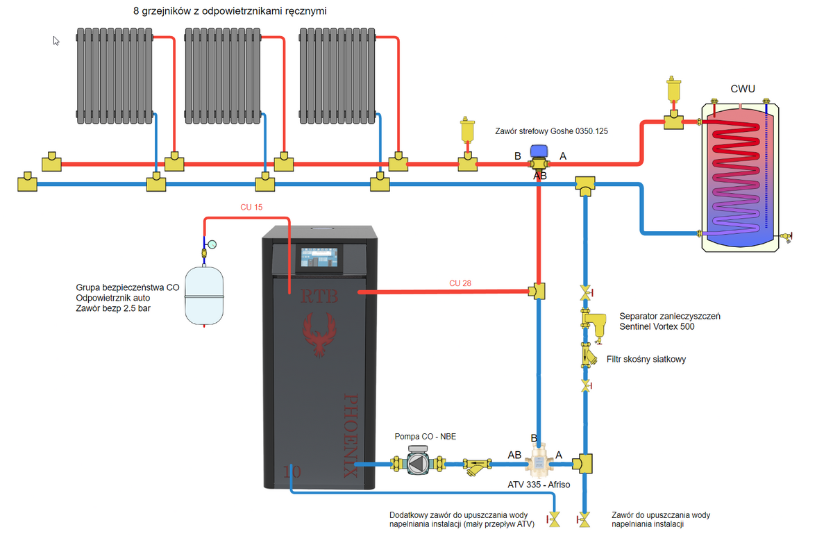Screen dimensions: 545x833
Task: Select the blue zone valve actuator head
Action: pyautogui.click(x=538, y=151)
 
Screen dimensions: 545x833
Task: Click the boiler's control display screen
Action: pyautogui.click(x=320, y=260)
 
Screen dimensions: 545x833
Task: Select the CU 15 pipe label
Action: pyautogui.click(x=251, y=207)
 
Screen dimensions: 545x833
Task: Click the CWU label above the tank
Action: pyautogui.click(x=743, y=89)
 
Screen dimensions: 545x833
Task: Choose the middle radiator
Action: pyautogui.click(x=223, y=74)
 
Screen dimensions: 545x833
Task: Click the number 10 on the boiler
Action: pyautogui.click(x=292, y=472)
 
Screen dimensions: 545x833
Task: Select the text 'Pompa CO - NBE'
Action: pyautogui.click(x=425, y=437)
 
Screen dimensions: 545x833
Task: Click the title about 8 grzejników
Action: pyautogui.click(x=230, y=12)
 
